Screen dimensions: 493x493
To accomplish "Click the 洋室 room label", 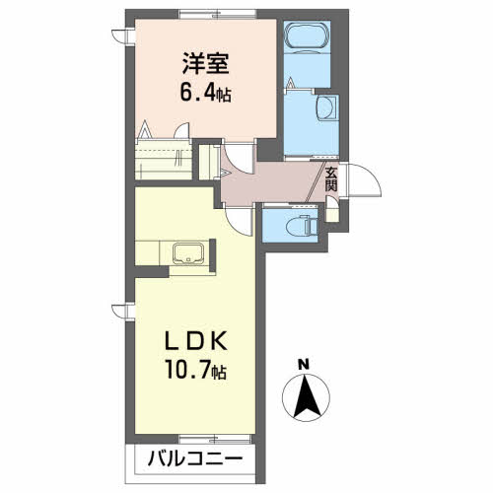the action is [x=206, y=63].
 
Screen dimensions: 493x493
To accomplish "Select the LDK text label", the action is [x=196, y=340].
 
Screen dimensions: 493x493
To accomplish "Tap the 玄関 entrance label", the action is [x=330, y=179].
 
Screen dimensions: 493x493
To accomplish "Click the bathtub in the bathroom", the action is [x=307, y=35].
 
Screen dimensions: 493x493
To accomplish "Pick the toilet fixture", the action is [x=301, y=226].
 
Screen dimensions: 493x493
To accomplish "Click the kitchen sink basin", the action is [x=188, y=252].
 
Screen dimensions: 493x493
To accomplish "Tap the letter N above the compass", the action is [x=305, y=365].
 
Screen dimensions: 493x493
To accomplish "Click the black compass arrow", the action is [x=307, y=396].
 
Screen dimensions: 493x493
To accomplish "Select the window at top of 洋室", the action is [x=218, y=14].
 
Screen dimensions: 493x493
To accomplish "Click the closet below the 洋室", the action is [x=164, y=159].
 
